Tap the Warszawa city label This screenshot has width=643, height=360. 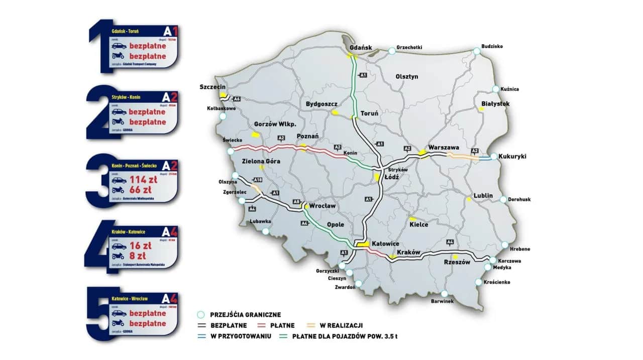444,148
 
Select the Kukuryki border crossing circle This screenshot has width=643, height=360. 494,157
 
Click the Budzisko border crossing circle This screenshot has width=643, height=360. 476,51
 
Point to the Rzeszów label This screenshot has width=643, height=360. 457,262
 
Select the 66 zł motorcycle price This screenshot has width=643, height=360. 141,190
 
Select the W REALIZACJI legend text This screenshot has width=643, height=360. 343,325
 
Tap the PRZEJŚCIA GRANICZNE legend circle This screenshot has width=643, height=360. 200,315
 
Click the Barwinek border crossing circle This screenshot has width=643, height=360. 444,294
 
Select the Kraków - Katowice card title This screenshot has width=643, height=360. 129,232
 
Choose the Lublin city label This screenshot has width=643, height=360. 483,196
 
